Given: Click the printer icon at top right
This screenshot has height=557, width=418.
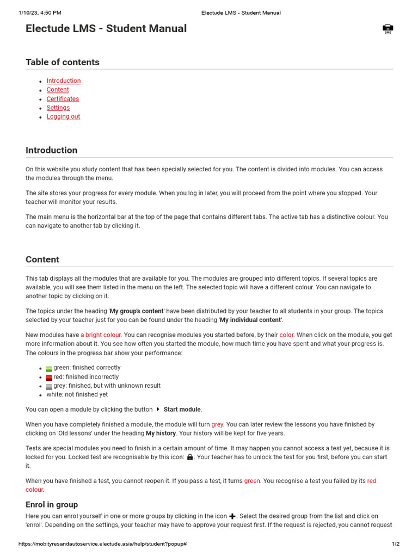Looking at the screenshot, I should (x=388, y=29).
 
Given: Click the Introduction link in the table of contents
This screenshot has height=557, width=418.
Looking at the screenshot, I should (x=63, y=81).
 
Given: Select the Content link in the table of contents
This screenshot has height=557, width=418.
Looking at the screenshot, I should (x=58, y=90).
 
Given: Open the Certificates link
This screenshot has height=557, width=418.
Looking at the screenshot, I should (x=63, y=99).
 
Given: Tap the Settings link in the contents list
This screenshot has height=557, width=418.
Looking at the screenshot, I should (x=58, y=108).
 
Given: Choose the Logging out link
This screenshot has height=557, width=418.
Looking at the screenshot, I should (x=63, y=116).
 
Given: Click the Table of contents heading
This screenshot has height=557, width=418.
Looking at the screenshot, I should (x=63, y=62).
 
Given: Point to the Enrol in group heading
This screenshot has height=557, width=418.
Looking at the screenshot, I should (x=52, y=504).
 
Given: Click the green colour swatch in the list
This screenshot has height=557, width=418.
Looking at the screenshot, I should (x=50, y=368).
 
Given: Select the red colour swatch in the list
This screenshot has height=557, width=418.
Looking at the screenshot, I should (x=50, y=377).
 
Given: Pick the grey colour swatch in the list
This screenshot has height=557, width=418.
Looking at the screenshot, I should (x=50, y=386).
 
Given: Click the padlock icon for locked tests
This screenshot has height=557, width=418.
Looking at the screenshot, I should (x=190, y=457).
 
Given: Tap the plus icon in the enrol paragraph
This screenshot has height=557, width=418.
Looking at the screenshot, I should (x=232, y=516).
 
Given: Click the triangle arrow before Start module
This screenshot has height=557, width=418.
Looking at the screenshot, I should (x=158, y=409).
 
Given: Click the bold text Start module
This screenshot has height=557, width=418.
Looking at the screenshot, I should (x=182, y=410).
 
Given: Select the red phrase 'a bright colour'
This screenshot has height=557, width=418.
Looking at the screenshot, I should (x=101, y=335).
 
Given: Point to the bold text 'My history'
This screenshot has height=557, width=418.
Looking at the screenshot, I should (x=161, y=434).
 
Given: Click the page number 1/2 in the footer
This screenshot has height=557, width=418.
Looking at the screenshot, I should (x=396, y=544).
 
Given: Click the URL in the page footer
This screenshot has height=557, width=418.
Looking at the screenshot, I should (x=103, y=544).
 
